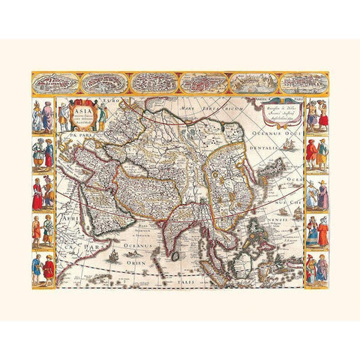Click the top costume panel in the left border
point(43,115)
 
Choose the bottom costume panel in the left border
point(43,268)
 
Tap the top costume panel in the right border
point(316,115)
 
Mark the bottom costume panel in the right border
point(316,268)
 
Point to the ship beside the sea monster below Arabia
point(112,256)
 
